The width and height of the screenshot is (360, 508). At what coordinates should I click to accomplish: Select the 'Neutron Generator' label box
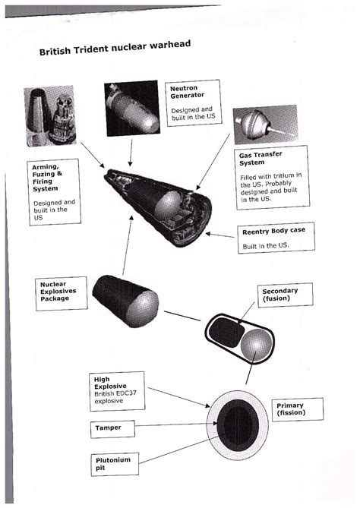[x=188, y=104]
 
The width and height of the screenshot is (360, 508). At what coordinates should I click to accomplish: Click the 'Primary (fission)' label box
[x=295, y=410]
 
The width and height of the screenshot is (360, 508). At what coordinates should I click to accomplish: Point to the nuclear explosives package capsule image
[x=125, y=299]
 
